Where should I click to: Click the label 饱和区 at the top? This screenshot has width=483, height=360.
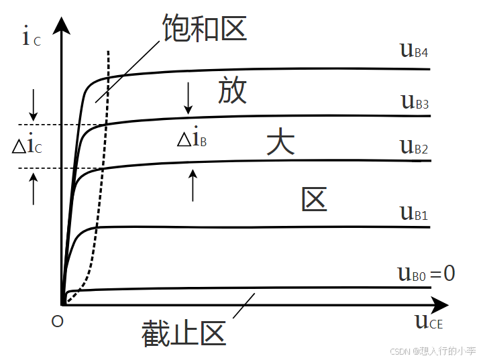205,27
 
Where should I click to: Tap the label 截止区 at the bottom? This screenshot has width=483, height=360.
182,333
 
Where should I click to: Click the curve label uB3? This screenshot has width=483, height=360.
415,102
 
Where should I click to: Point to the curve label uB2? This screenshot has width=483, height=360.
414,146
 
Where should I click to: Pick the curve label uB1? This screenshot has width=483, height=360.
414,213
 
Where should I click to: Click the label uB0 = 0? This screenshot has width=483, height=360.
426,273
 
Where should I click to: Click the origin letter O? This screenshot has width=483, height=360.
57,322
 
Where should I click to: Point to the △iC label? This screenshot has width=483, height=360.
28,145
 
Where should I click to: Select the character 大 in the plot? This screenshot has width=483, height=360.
280,142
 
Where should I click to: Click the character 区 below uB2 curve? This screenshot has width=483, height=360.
314,199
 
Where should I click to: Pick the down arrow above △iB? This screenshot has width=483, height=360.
189,98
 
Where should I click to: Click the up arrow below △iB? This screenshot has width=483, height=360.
193,186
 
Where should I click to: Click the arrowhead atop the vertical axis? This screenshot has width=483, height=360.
62,25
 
